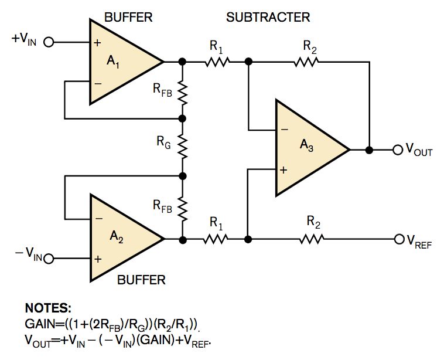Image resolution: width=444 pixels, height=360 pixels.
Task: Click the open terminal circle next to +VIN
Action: click(x=49, y=42)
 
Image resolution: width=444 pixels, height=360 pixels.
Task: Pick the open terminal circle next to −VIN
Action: click(x=49, y=258)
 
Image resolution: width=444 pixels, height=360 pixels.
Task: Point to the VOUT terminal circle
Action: click(x=398, y=150)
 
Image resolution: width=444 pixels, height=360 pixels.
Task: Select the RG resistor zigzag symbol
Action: click(x=183, y=147)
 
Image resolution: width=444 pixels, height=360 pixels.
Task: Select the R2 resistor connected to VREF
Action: click(x=310, y=239)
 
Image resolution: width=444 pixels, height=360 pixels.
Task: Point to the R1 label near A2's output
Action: click(x=217, y=223)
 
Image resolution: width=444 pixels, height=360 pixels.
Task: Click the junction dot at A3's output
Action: click(x=369, y=150)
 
